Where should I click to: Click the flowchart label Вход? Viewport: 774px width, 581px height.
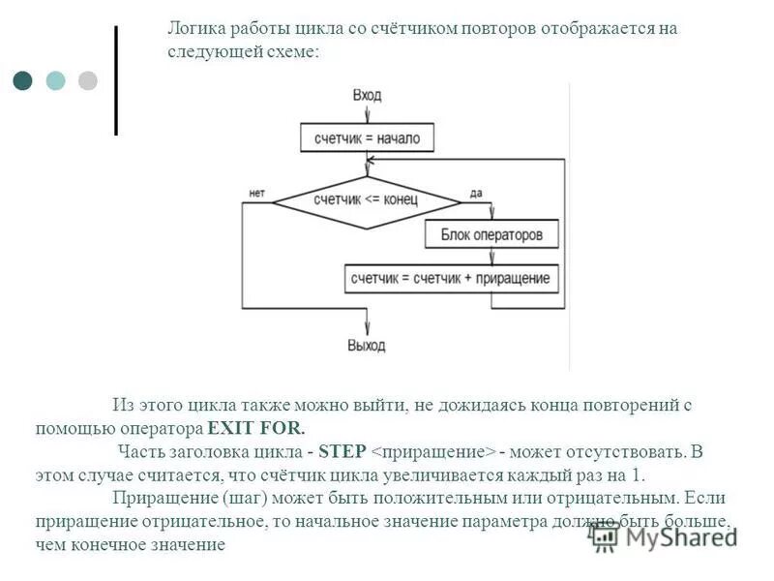pos(367,95)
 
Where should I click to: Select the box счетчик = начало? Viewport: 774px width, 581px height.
pos(367,138)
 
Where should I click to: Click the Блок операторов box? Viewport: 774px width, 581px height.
pos(492,234)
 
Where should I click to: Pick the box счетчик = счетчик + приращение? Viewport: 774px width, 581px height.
pos(451,279)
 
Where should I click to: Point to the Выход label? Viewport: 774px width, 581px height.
pos(366,346)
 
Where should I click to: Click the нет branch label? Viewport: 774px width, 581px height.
pos(256,193)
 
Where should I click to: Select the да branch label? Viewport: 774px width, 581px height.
pos(475,193)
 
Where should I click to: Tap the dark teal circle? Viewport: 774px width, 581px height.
pos(23,79)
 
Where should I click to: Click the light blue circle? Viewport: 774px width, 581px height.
pos(55,79)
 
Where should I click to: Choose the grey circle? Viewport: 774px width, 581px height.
pos(87,79)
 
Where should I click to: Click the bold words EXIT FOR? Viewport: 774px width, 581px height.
pos(255,427)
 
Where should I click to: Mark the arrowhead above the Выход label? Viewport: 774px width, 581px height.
pos(366,327)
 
